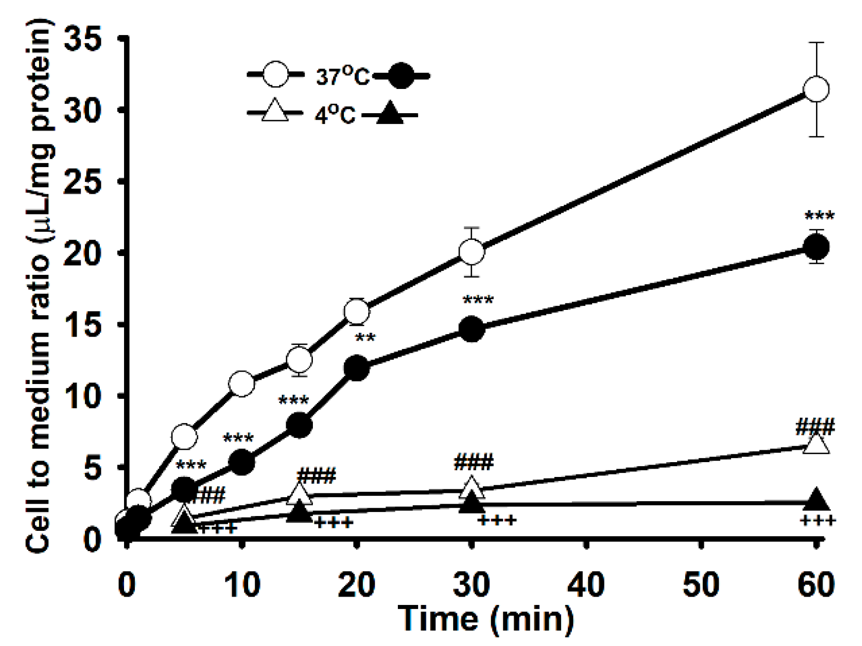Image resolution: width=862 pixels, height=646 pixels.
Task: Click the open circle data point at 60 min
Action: pos(816,89)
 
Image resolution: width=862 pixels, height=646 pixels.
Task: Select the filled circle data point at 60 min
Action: pos(816,247)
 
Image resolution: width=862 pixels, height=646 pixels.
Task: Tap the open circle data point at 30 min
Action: pos(472,252)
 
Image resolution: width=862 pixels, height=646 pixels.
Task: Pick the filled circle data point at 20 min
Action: pos(357,368)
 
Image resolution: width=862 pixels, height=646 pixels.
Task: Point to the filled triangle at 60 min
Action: pos(816,500)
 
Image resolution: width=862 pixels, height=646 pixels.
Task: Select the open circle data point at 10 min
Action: pos(242,384)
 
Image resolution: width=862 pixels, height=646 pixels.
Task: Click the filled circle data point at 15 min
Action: pos(299,425)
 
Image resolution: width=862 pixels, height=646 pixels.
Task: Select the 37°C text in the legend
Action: pos(343,77)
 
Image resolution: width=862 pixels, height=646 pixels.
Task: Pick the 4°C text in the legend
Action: pos(335,115)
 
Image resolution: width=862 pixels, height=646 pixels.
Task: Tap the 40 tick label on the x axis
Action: pos(586,584)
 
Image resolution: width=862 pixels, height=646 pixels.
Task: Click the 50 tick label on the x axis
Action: pos(701,584)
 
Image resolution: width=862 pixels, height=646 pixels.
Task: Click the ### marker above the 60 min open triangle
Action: pos(815,426)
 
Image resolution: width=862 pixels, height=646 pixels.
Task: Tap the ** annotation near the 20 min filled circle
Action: pos(366,338)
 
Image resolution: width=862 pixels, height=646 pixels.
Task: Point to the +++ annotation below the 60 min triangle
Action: pos(818,521)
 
